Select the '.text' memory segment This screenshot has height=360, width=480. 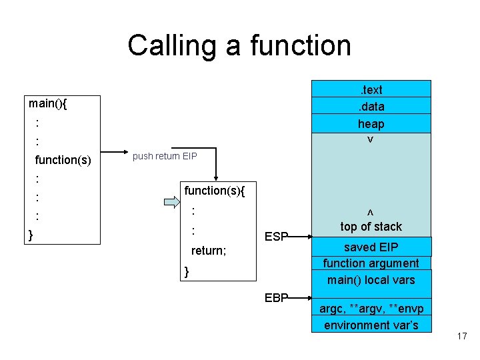coord(371,89)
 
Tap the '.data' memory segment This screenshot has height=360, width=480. coord(371,106)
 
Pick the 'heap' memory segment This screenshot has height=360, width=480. coord(371,123)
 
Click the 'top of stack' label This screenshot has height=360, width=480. coord(371,226)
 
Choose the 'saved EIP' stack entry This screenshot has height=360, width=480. coord(371,247)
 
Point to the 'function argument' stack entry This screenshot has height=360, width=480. coord(371,263)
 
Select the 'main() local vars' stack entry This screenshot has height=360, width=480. coord(371,280)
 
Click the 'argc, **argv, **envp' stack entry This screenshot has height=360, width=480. coord(371,309)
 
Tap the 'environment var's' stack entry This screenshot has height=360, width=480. coord(371,325)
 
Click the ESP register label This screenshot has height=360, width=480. coord(276,236)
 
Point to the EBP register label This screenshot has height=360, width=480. coord(276,297)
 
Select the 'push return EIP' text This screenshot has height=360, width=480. coord(165,157)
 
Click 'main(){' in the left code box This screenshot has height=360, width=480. coord(52,103)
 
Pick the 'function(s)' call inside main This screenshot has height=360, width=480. coord(63,159)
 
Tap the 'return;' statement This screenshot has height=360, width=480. coord(209,251)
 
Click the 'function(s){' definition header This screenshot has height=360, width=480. coord(215,191)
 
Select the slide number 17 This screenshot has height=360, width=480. coord(462,336)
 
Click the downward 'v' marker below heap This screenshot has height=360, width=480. coord(369,140)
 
